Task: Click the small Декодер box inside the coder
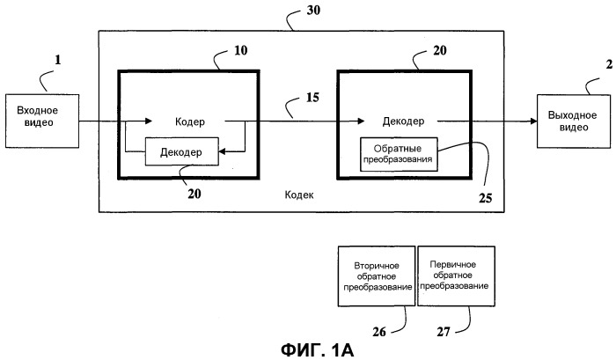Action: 180,152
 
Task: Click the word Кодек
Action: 300,196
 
